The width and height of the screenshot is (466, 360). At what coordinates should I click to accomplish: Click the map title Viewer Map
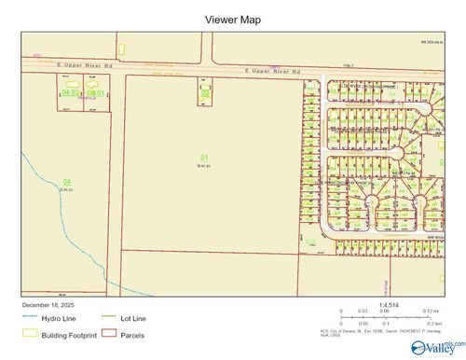(232, 20)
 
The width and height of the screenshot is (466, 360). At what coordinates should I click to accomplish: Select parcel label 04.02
(71, 92)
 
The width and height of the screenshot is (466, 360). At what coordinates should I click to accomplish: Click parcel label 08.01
(94, 92)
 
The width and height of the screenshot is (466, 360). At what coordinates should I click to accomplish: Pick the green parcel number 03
(205, 92)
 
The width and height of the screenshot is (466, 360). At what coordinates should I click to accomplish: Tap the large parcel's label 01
(203, 158)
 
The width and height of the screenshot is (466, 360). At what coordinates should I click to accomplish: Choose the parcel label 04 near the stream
(65, 181)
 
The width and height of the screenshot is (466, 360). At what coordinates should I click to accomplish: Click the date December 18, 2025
(52, 305)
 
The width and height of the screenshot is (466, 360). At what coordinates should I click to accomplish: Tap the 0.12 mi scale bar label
(429, 311)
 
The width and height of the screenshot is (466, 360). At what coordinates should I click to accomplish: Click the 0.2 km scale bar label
(430, 323)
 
